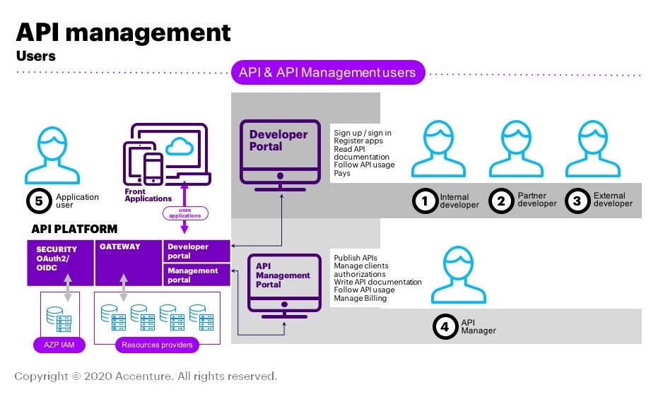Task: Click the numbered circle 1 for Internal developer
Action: (425, 201)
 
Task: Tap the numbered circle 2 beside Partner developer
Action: (501, 201)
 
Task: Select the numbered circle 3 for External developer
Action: (577, 201)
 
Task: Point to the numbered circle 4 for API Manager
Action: (445, 326)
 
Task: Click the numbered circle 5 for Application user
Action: (39, 201)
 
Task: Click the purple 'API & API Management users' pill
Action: (328, 72)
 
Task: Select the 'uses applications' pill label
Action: (186, 212)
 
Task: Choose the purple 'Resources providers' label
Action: (156, 345)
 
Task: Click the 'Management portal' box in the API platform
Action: (196, 275)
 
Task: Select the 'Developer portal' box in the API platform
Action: (196, 251)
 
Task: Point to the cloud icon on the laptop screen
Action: (177, 146)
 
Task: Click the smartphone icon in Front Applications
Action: (153, 167)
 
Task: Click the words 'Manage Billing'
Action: (360, 298)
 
